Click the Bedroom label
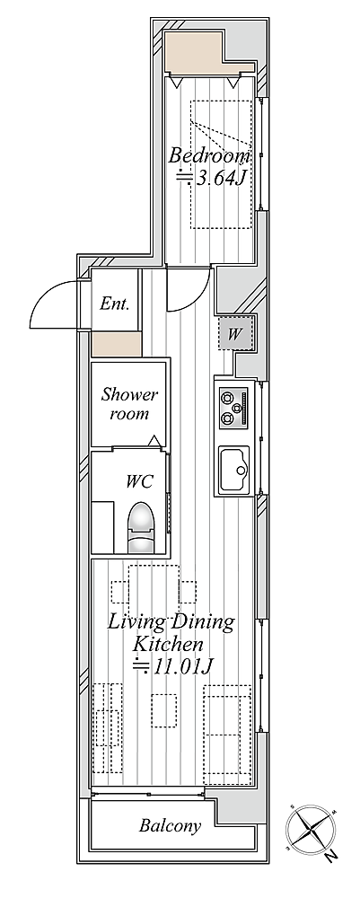coord(209,155)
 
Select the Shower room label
coord(129,404)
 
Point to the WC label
coord(140,481)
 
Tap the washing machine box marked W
coord(234,333)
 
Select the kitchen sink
coord(234,470)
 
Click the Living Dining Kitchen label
coord(171,632)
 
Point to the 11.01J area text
coord(170,666)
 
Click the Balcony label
coord(171,826)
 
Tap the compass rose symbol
coord(312,829)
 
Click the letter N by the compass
coord(329,858)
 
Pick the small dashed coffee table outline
coord(163,710)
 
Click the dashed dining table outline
coord(154,591)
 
